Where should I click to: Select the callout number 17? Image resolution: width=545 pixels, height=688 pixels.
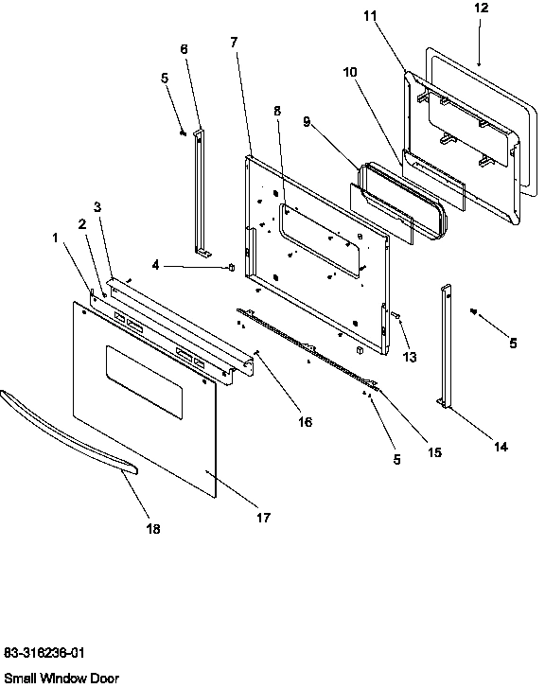pyautogui.click(x=262, y=518)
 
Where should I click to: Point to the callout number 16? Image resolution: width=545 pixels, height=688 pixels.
pyautogui.click(x=305, y=422)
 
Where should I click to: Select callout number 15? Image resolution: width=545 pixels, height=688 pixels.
pyautogui.click(x=434, y=452)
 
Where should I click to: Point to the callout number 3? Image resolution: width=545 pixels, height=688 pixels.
pyautogui.click(x=97, y=207)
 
